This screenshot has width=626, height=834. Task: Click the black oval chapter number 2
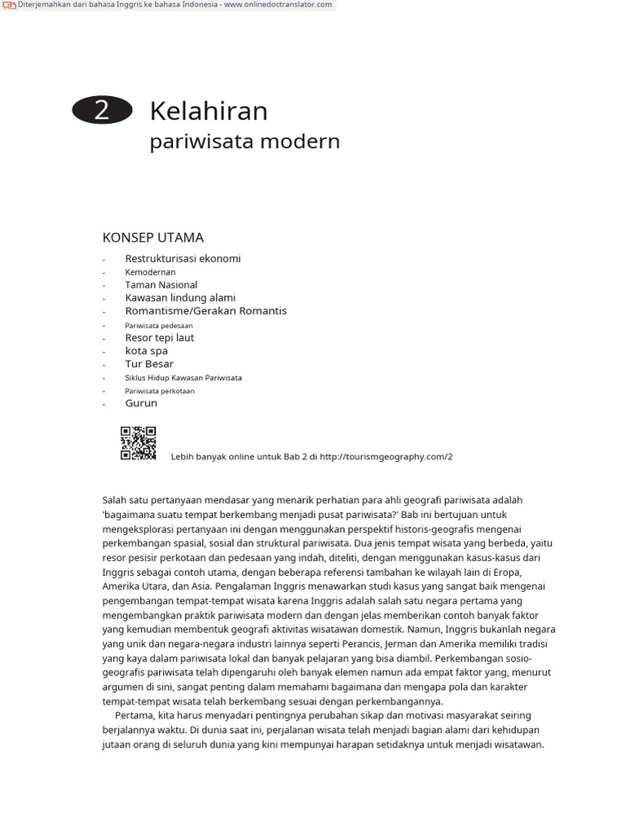pyautogui.click(x=102, y=110)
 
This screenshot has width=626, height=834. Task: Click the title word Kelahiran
pyautogui.click(x=209, y=111)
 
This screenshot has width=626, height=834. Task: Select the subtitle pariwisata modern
pyautogui.click(x=245, y=141)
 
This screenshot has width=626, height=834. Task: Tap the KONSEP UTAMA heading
pyautogui.click(x=152, y=238)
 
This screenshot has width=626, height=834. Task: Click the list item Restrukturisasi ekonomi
pyautogui.click(x=183, y=258)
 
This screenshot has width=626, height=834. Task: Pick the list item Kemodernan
pyautogui.click(x=150, y=272)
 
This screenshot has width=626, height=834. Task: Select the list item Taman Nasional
pyautogui.click(x=161, y=285)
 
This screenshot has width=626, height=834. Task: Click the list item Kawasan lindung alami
pyautogui.click(x=180, y=298)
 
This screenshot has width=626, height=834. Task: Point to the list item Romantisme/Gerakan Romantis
pyautogui.click(x=205, y=311)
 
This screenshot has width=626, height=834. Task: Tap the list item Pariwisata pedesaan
pyautogui.click(x=158, y=325)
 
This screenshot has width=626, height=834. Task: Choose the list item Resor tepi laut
pyautogui.click(x=160, y=337)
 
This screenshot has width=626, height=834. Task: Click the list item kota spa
pyautogui.click(x=146, y=351)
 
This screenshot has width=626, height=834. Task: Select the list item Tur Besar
pyautogui.click(x=149, y=364)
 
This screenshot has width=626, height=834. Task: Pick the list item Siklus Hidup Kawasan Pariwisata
pyautogui.click(x=183, y=378)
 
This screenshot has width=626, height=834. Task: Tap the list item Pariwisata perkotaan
pyautogui.click(x=160, y=391)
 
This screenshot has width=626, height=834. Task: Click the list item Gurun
pyautogui.click(x=141, y=403)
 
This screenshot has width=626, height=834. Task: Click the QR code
pyautogui.click(x=138, y=443)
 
